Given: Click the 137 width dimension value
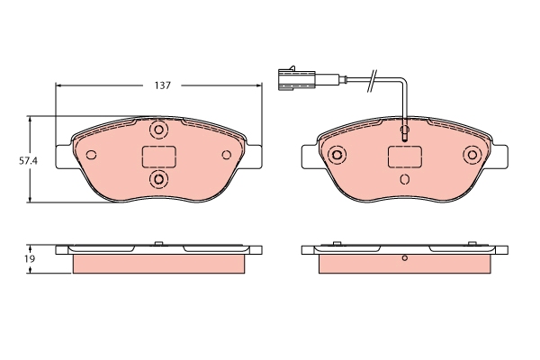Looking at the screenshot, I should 162,85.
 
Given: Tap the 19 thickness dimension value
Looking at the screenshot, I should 17,258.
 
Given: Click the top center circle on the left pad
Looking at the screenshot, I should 159,130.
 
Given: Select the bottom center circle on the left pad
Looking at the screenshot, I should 159,181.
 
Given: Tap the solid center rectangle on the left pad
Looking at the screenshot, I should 159,157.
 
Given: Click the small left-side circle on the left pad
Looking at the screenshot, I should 90,155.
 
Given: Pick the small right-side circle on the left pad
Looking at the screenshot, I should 229,155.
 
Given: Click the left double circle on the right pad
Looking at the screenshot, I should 337,155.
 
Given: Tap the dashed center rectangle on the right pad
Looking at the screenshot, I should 405,157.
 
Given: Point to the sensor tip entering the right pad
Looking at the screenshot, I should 405,134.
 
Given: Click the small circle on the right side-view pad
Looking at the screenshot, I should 405,261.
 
